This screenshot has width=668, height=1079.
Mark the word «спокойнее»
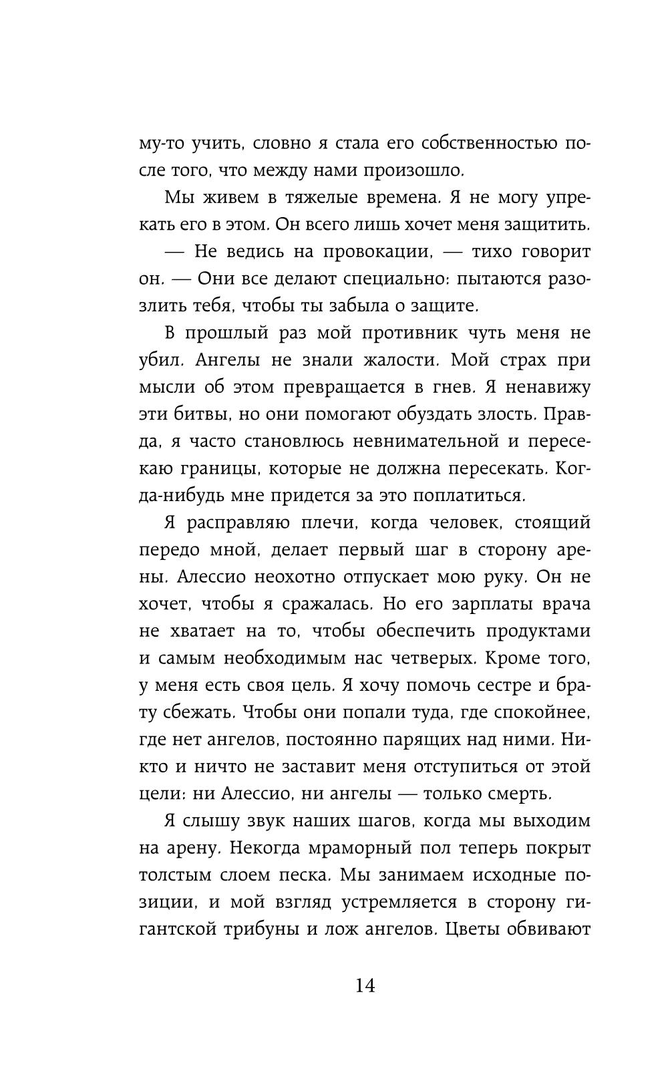(540, 713)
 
